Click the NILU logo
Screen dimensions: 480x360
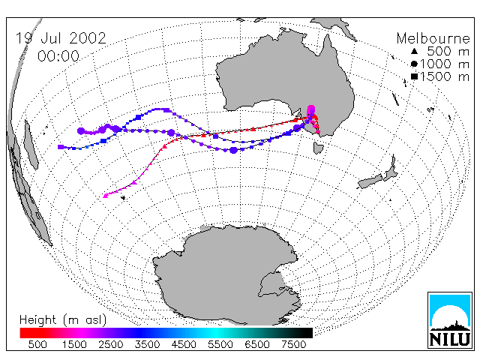tap(450, 320)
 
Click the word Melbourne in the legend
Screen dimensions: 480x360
tap(433, 38)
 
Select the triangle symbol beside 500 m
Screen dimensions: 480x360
tap(414, 51)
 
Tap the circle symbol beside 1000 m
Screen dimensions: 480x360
tap(414, 64)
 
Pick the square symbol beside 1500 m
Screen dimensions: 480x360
tap(414, 76)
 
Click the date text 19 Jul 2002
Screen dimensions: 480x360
tap(61, 38)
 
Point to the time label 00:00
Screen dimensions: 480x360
tap(58, 56)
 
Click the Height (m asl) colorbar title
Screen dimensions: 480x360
tap(63, 320)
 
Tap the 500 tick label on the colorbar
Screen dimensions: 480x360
tap(37, 344)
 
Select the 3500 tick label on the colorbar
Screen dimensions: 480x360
tap(147, 344)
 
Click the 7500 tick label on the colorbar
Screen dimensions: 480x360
tap(293, 344)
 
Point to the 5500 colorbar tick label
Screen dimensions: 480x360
tap(220, 344)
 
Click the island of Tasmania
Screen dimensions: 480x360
tap(318, 148)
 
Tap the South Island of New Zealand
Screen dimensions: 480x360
tap(370, 181)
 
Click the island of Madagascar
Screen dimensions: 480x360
tap(31, 145)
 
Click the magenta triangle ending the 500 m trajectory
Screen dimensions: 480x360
tap(106, 196)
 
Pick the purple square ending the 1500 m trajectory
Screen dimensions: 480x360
tap(61, 147)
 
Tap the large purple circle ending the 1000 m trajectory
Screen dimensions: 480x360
tap(81, 131)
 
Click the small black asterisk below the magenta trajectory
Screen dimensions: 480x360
tap(123, 198)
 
